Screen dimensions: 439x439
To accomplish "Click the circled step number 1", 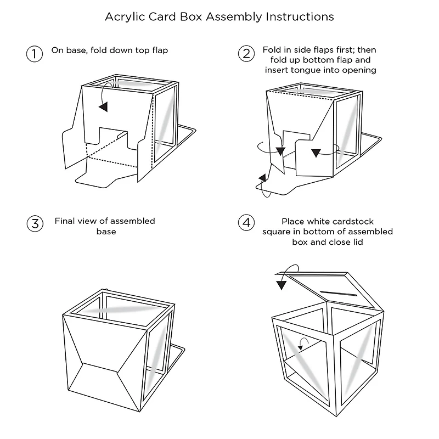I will (34, 54).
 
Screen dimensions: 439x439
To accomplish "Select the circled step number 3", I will (34, 224).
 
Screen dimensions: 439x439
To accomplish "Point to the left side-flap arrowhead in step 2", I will (280, 151).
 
